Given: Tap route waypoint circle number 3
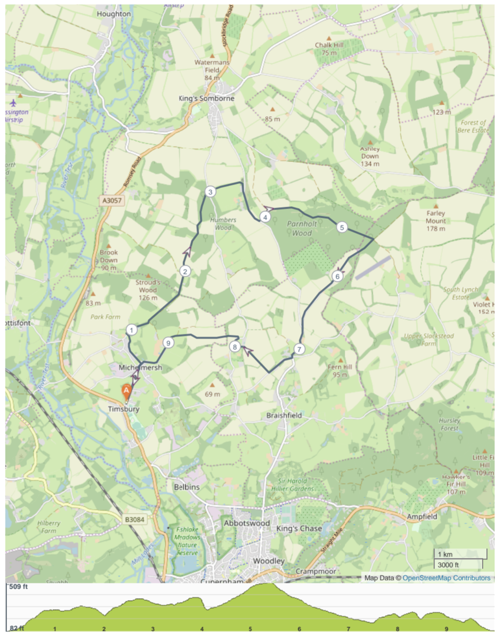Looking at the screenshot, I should pyautogui.click(x=210, y=192).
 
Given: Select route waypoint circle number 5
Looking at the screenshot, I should pyautogui.click(x=342, y=228).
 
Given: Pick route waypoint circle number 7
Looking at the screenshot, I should pyautogui.click(x=299, y=349).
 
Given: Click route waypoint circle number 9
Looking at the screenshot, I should pyautogui.click(x=168, y=343).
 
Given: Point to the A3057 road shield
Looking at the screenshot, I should pyautogui.click(x=112, y=200).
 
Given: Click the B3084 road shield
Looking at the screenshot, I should pyautogui.click(x=135, y=519).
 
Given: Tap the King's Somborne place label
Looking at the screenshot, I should pyautogui.click(x=206, y=98).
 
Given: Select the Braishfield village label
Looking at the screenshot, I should pyautogui.click(x=284, y=415).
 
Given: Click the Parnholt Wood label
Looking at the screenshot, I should pyautogui.click(x=302, y=228).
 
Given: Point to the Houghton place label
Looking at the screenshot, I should pyautogui.click(x=114, y=14).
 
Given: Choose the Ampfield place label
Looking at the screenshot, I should pyautogui.click(x=422, y=516).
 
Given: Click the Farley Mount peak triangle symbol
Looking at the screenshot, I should pyautogui.click(x=435, y=206).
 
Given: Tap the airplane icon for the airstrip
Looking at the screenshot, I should pyautogui.click(x=13, y=103).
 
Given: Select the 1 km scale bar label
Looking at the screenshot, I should pyautogui.click(x=445, y=554).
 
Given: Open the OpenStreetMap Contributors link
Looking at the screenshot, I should pyautogui.click(x=446, y=578).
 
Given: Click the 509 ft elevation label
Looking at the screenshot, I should pyautogui.click(x=18, y=587).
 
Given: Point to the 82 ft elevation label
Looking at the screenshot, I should pyautogui.click(x=17, y=628).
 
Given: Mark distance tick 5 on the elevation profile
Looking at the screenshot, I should pyautogui.click(x=250, y=629).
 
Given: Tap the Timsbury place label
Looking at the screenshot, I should pyautogui.click(x=123, y=409).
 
